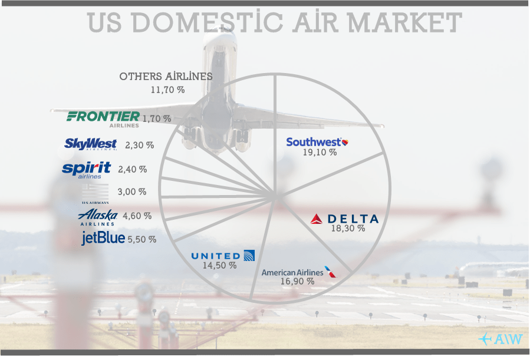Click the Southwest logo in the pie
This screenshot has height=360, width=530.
tap(317, 142)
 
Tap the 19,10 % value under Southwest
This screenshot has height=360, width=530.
tap(320, 152)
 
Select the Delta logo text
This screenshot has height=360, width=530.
tap(344, 219)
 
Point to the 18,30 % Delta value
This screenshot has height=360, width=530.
tap(348, 228)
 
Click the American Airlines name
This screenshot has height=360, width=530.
tap(292, 273)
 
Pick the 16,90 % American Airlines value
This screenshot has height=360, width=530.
tap(298, 281)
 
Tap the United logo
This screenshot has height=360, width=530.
tap(223, 256)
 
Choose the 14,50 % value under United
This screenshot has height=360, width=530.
tap(220, 266)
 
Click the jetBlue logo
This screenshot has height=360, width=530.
tap(103, 238)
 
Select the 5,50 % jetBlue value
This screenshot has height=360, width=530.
tap(142, 239)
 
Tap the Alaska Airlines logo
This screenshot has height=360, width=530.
tap(98, 217)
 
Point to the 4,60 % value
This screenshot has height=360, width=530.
tap(137, 216)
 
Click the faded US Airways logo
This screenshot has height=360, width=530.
tap(96, 194)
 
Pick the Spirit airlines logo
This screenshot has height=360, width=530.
tap(87, 170)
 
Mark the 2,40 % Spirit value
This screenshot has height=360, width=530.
tap(133, 169)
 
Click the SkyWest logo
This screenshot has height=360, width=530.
tap(91, 144)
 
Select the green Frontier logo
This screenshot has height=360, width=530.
tap(103, 119)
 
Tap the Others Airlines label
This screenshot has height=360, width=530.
tap(166, 77)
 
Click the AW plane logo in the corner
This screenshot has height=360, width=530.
tap(501, 339)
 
